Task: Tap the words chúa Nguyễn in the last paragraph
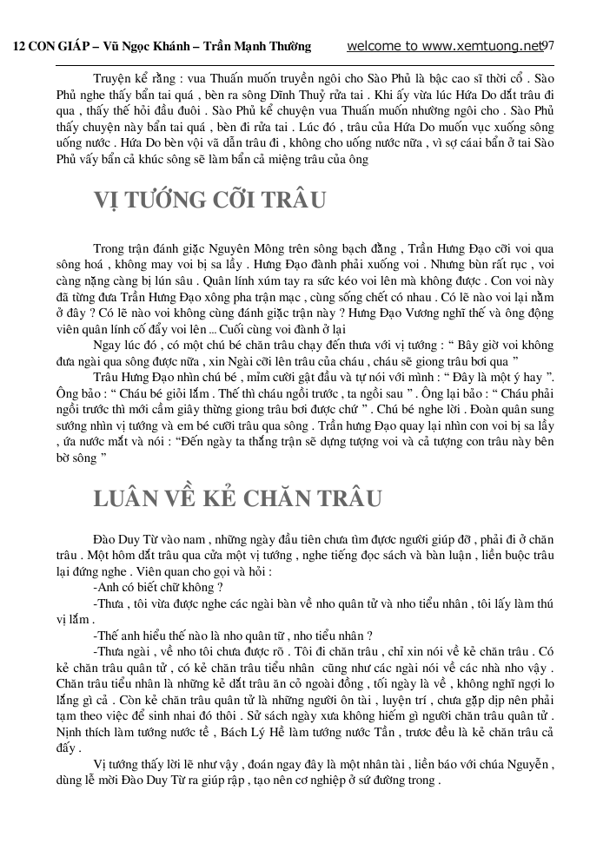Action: pos(520,765)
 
